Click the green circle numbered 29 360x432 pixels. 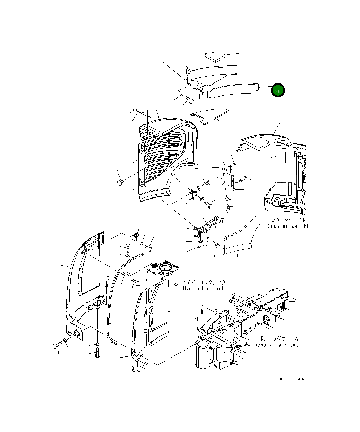[278, 91]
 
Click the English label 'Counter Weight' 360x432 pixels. [288, 226]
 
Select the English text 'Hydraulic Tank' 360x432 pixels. [203, 288]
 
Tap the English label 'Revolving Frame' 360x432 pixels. [276, 345]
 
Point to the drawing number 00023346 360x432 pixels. [293, 379]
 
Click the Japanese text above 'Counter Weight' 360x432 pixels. [288, 220]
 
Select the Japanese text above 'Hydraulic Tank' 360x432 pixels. [204, 282]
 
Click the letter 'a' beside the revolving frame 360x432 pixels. [196, 318]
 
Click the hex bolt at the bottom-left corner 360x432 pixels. [57, 345]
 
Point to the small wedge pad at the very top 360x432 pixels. [214, 56]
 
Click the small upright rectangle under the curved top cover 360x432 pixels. [281, 156]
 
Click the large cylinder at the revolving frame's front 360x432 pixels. [202, 353]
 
